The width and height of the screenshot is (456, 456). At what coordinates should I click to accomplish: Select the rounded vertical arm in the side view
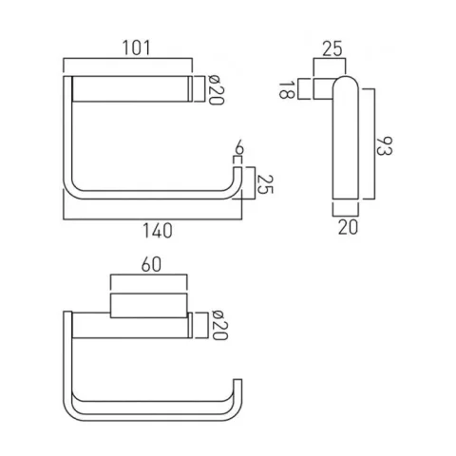(343, 142)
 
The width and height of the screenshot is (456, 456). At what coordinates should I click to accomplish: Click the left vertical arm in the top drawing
(68, 142)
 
